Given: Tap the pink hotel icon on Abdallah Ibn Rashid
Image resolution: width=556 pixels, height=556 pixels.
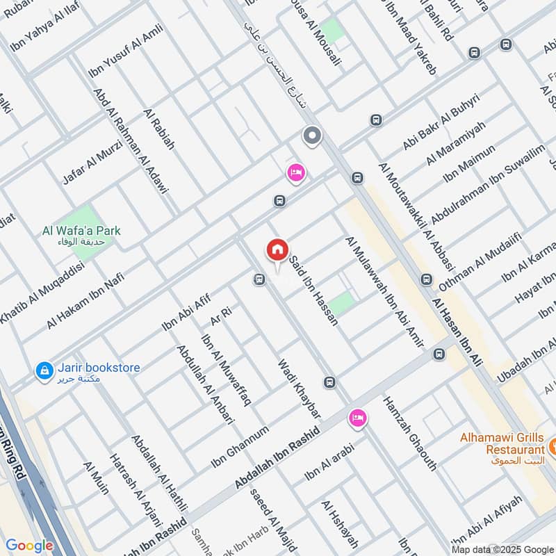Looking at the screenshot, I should [358, 417].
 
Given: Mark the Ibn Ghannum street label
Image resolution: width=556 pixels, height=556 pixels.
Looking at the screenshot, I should [240, 447].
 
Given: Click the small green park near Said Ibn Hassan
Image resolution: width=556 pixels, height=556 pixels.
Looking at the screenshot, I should [341, 303].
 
